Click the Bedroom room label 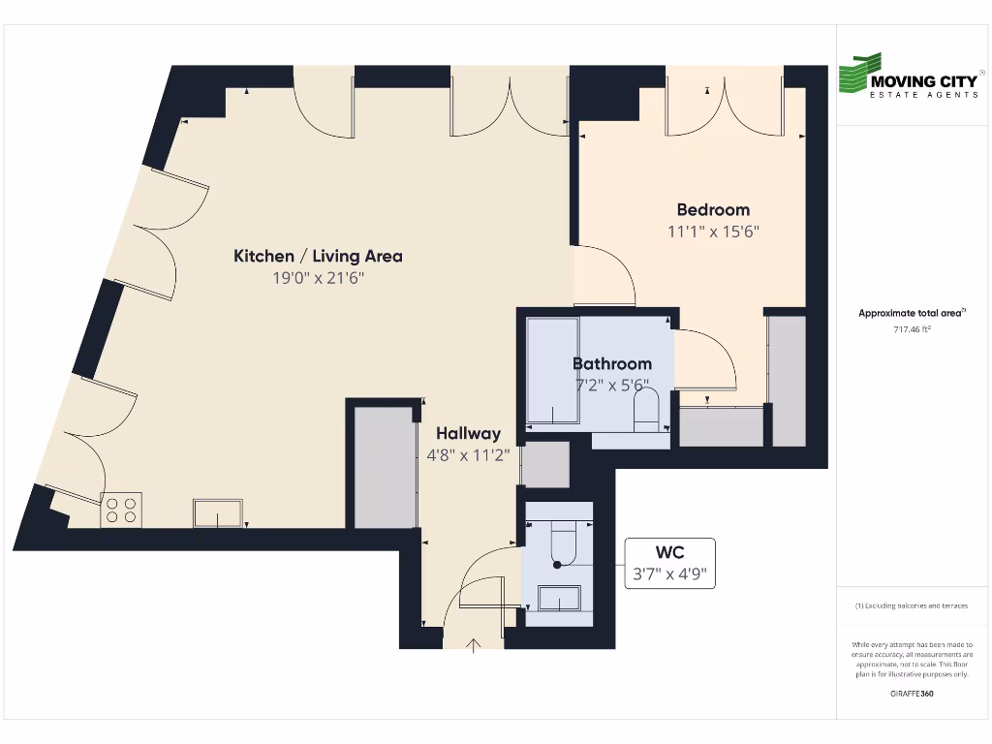pos(713,209)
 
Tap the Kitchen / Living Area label pos(318,256)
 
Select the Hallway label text pos(468,433)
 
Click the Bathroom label pos(611,363)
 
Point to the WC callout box pos(669,563)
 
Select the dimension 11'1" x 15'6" pos(713,232)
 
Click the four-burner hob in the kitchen pos(121,510)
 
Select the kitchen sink pos(218,512)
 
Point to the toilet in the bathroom pos(646,412)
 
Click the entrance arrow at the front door pos(474,645)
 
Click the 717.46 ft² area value pos(912,329)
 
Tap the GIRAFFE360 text pos(912,694)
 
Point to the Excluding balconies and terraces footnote pos(912,605)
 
